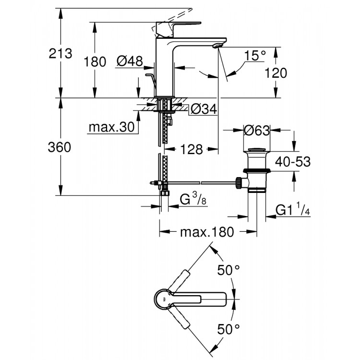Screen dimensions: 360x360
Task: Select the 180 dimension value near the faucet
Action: [x=94, y=62]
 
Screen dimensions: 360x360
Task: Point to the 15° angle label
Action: [x=255, y=56]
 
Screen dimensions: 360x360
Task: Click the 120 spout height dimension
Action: [x=276, y=73]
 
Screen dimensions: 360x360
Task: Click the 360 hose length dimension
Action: [x=61, y=148]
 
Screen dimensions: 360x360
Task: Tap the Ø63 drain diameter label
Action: [x=256, y=130]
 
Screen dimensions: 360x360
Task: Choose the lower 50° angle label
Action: [x=228, y=329]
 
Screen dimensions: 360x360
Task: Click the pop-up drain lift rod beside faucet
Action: [x=150, y=80]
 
